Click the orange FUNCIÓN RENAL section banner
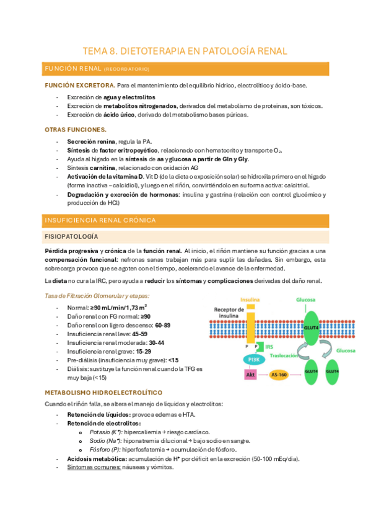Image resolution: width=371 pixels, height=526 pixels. tap(185, 68)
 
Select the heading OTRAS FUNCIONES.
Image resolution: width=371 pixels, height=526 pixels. tap(76, 129)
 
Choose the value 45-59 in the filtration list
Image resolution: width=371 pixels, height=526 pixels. tap(141, 332)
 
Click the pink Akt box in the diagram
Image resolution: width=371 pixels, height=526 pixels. tap(250, 375)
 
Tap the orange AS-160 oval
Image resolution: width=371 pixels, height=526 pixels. tap(284, 375)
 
